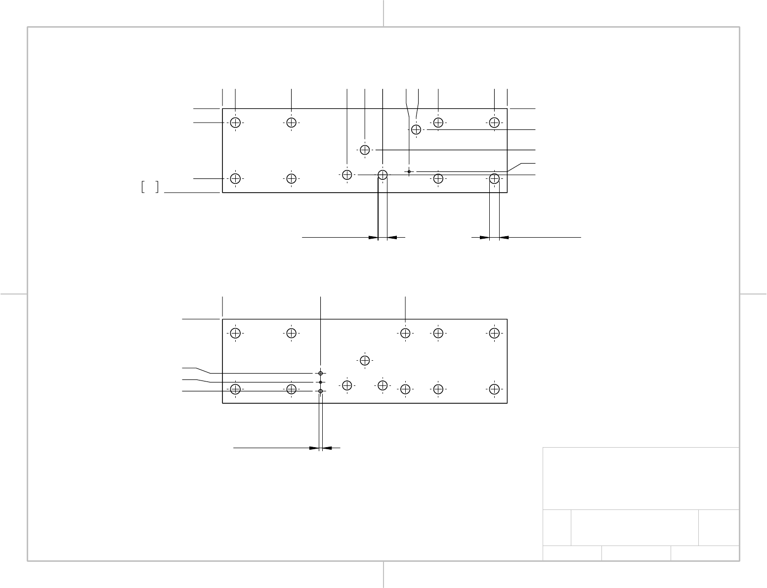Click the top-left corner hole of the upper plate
tap(236, 123)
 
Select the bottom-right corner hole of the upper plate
tap(494, 178)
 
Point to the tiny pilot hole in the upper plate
tap(409, 171)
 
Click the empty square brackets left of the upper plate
tap(150, 187)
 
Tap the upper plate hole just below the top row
tap(416, 129)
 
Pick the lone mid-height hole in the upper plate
tap(365, 150)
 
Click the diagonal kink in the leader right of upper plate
tap(515, 167)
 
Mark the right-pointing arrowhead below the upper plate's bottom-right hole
tap(484, 238)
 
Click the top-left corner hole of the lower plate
tap(236, 333)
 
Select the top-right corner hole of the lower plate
tap(494, 333)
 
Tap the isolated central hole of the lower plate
tap(365, 360)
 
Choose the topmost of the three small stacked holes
tap(321, 373)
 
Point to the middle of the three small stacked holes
tap(321, 382)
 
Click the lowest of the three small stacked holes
tap(321, 391)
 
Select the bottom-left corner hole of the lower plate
tap(236, 389)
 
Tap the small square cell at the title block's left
tap(556, 528)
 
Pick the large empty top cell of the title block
tap(640, 478)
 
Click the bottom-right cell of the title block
tap(705, 553)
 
